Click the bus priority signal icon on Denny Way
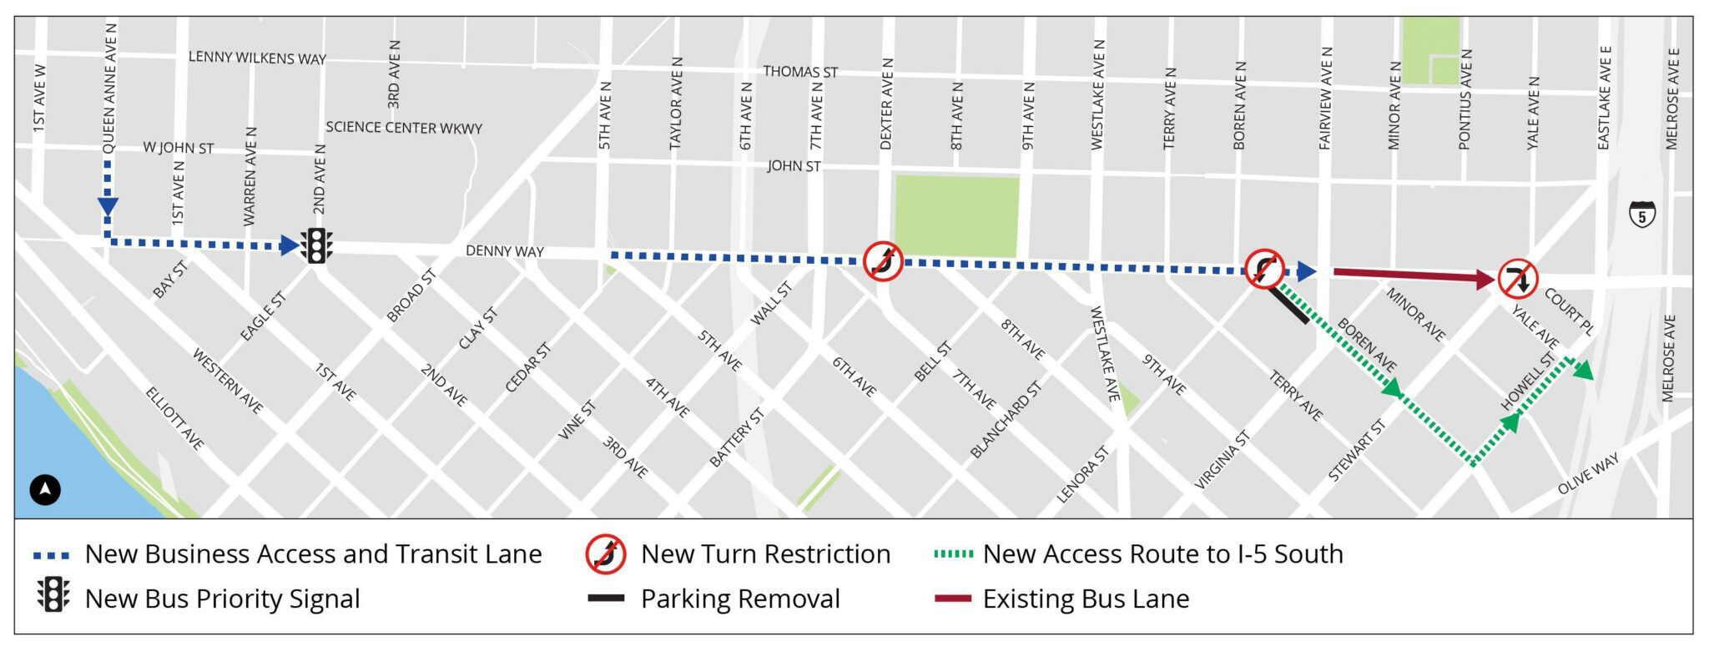point(316,245)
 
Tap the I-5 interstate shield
point(1642,215)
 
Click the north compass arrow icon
point(45,489)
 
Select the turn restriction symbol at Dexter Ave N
point(882,261)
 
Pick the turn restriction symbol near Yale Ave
point(1518,279)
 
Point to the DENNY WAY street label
point(504,250)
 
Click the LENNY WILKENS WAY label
point(257,58)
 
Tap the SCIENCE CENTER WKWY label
point(404,128)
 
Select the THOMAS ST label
point(799,72)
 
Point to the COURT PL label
point(1569,311)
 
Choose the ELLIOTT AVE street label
point(174,418)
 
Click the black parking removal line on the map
point(1289,305)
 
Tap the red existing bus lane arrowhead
point(1485,280)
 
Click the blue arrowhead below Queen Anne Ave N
point(108,206)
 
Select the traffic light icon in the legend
point(53,595)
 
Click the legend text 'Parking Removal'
point(740,599)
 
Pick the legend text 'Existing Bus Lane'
point(1086,599)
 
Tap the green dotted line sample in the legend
point(953,553)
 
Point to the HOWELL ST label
point(1529,381)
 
